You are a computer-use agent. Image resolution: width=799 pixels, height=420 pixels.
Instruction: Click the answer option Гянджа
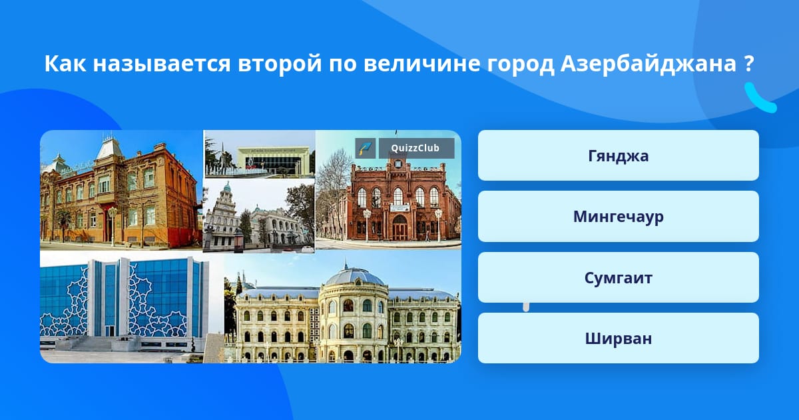[x=618, y=155]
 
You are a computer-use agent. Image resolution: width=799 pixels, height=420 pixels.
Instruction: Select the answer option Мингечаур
[x=618, y=217]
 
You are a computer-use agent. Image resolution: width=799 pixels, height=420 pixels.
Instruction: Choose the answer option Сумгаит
[x=618, y=277]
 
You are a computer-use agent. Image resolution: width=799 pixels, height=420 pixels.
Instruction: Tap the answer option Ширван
[x=618, y=338]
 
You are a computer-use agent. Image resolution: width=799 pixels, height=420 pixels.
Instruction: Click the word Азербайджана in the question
[x=648, y=64]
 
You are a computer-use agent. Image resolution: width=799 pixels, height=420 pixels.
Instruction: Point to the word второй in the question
[x=280, y=64]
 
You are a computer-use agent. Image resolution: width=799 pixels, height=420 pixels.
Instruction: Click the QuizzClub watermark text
[x=415, y=148]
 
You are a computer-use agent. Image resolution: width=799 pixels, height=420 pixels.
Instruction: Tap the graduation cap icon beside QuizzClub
[x=366, y=148]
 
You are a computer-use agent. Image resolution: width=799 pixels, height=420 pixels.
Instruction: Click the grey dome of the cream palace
[x=354, y=276]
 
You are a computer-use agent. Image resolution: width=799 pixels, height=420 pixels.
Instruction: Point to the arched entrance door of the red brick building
[x=400, y=227]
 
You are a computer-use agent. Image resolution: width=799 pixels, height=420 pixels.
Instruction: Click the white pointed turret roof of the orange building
[x=108, y=147]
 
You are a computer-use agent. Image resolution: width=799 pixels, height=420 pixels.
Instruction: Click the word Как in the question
[x=65, y=63]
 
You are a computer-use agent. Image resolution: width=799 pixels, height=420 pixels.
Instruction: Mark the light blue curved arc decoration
[x=760, y=98]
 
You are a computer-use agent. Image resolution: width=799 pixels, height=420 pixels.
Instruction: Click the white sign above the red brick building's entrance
[x=400, y=208]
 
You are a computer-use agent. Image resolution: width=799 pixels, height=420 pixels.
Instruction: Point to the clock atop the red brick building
[x=398, y=164]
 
